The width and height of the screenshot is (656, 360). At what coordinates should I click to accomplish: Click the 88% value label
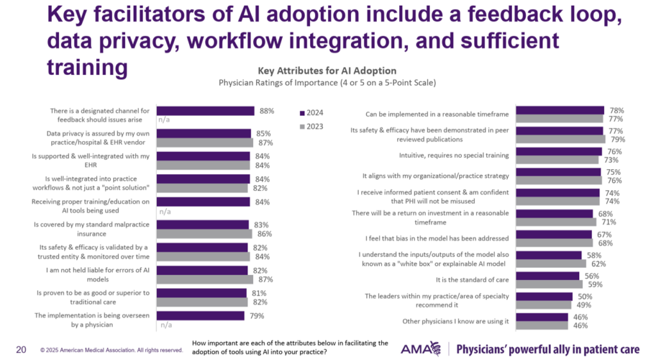(266, 111)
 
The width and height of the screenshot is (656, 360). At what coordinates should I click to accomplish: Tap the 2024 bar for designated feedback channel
(206, 111)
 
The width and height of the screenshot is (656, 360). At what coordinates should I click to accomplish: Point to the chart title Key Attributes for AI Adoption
(327, 70)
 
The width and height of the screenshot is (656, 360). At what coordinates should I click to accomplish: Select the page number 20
(20, 349)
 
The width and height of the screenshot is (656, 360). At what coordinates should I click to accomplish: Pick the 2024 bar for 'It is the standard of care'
(547, 276)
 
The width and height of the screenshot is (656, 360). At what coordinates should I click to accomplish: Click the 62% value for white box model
(599, 263)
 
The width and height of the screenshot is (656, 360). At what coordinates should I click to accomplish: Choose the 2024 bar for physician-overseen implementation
(201, 316)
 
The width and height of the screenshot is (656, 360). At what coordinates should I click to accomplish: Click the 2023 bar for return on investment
(556, 222)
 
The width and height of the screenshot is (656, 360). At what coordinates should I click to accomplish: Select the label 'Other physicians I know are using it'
(455, 321)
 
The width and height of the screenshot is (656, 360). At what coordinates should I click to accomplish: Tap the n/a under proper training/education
(165, 211)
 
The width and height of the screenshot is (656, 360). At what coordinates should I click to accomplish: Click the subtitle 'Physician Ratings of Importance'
(327, 83)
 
